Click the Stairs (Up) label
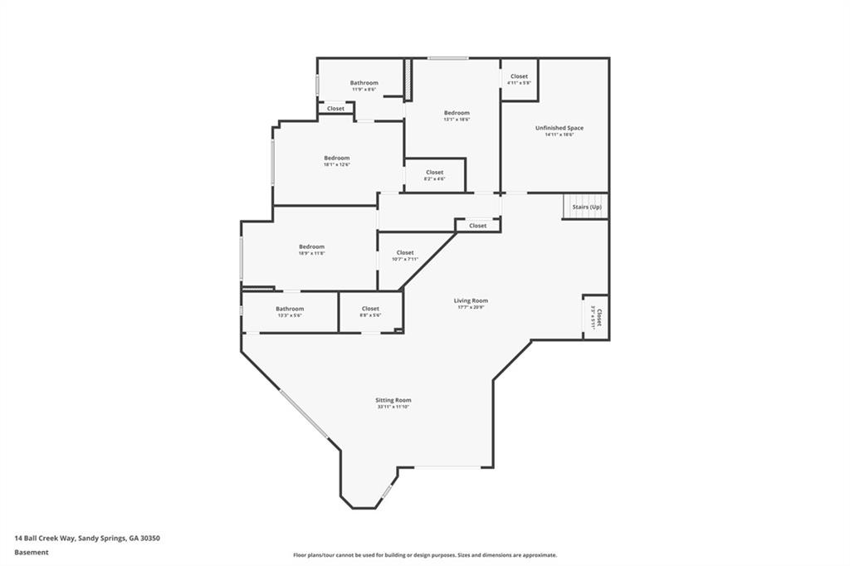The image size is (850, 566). tap(586, 207)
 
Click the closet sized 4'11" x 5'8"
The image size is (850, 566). tap(519, 79)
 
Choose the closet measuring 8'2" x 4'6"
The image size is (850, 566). tap(434, 174)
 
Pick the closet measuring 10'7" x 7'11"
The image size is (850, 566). tap(405, 255)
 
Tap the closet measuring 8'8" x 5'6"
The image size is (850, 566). tap(370, 311)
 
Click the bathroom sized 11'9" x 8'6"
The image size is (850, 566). tap(364, 85)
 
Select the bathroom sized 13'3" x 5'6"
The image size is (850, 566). tap(290, 311)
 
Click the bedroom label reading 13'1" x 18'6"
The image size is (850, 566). tap(457, 115)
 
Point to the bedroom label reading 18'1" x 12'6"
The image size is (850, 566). tap(336, 160)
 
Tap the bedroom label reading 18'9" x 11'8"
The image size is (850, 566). tap(311, 249)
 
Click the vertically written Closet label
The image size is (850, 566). tap(596, 318)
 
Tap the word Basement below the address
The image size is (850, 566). tap(32, 552)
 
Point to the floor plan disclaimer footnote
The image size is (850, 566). tap(424, 555)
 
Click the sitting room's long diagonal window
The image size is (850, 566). tap(303, 414)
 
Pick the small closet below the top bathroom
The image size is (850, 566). tap(335, 109)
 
